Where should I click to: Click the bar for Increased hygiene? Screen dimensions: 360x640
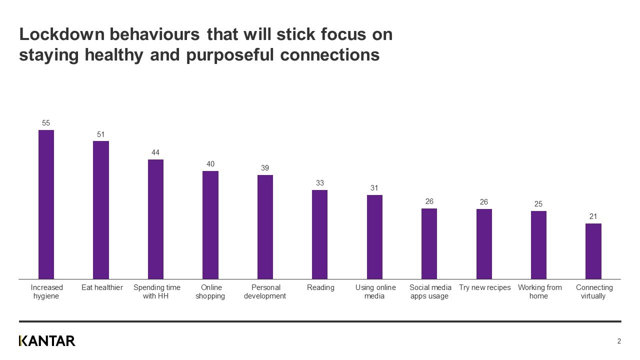coord(46,204)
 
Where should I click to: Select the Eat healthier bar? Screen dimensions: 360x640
coord(101,210)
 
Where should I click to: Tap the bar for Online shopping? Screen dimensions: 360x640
coord(210,225)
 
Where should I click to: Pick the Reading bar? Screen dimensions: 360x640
coord(319,234)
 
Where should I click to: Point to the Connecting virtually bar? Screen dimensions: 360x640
coord(593,251)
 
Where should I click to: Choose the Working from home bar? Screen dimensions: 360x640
coord(538,245)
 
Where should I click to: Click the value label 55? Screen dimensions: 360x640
coord(46,122)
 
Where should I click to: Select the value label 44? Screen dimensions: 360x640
coord(155,152)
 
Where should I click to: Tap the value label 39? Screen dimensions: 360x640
coord(265,168)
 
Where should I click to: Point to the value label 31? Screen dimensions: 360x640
coord(374,188)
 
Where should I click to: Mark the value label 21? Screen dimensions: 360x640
coord(593,216)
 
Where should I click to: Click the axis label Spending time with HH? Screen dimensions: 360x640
coord(157,291)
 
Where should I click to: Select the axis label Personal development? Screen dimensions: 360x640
coord(265,291)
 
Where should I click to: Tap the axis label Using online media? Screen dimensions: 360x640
coord(375,291)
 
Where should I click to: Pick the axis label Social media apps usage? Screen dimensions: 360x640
coord(430,291)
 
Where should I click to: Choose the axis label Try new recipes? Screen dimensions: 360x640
coord(484,287)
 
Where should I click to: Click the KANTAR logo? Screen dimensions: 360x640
coord(47,341)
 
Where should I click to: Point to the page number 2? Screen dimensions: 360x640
coord(619,341)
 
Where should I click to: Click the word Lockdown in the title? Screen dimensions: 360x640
coord(61,34)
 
